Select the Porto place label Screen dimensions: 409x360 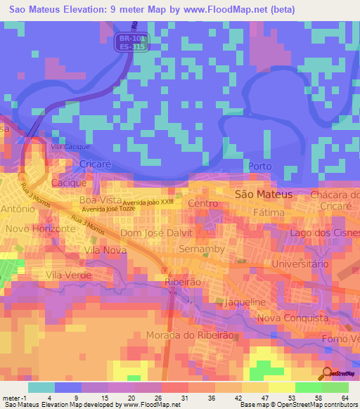click(260, 166)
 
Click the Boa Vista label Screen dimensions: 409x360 click(97, 200)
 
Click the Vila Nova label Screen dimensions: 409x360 click(105, 249)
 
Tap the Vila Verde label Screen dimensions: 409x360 click(68, 275)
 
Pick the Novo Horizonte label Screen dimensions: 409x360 click(40, 229)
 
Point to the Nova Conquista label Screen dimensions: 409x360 click(293, 318)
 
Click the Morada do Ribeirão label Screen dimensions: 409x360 click(190, 335)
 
